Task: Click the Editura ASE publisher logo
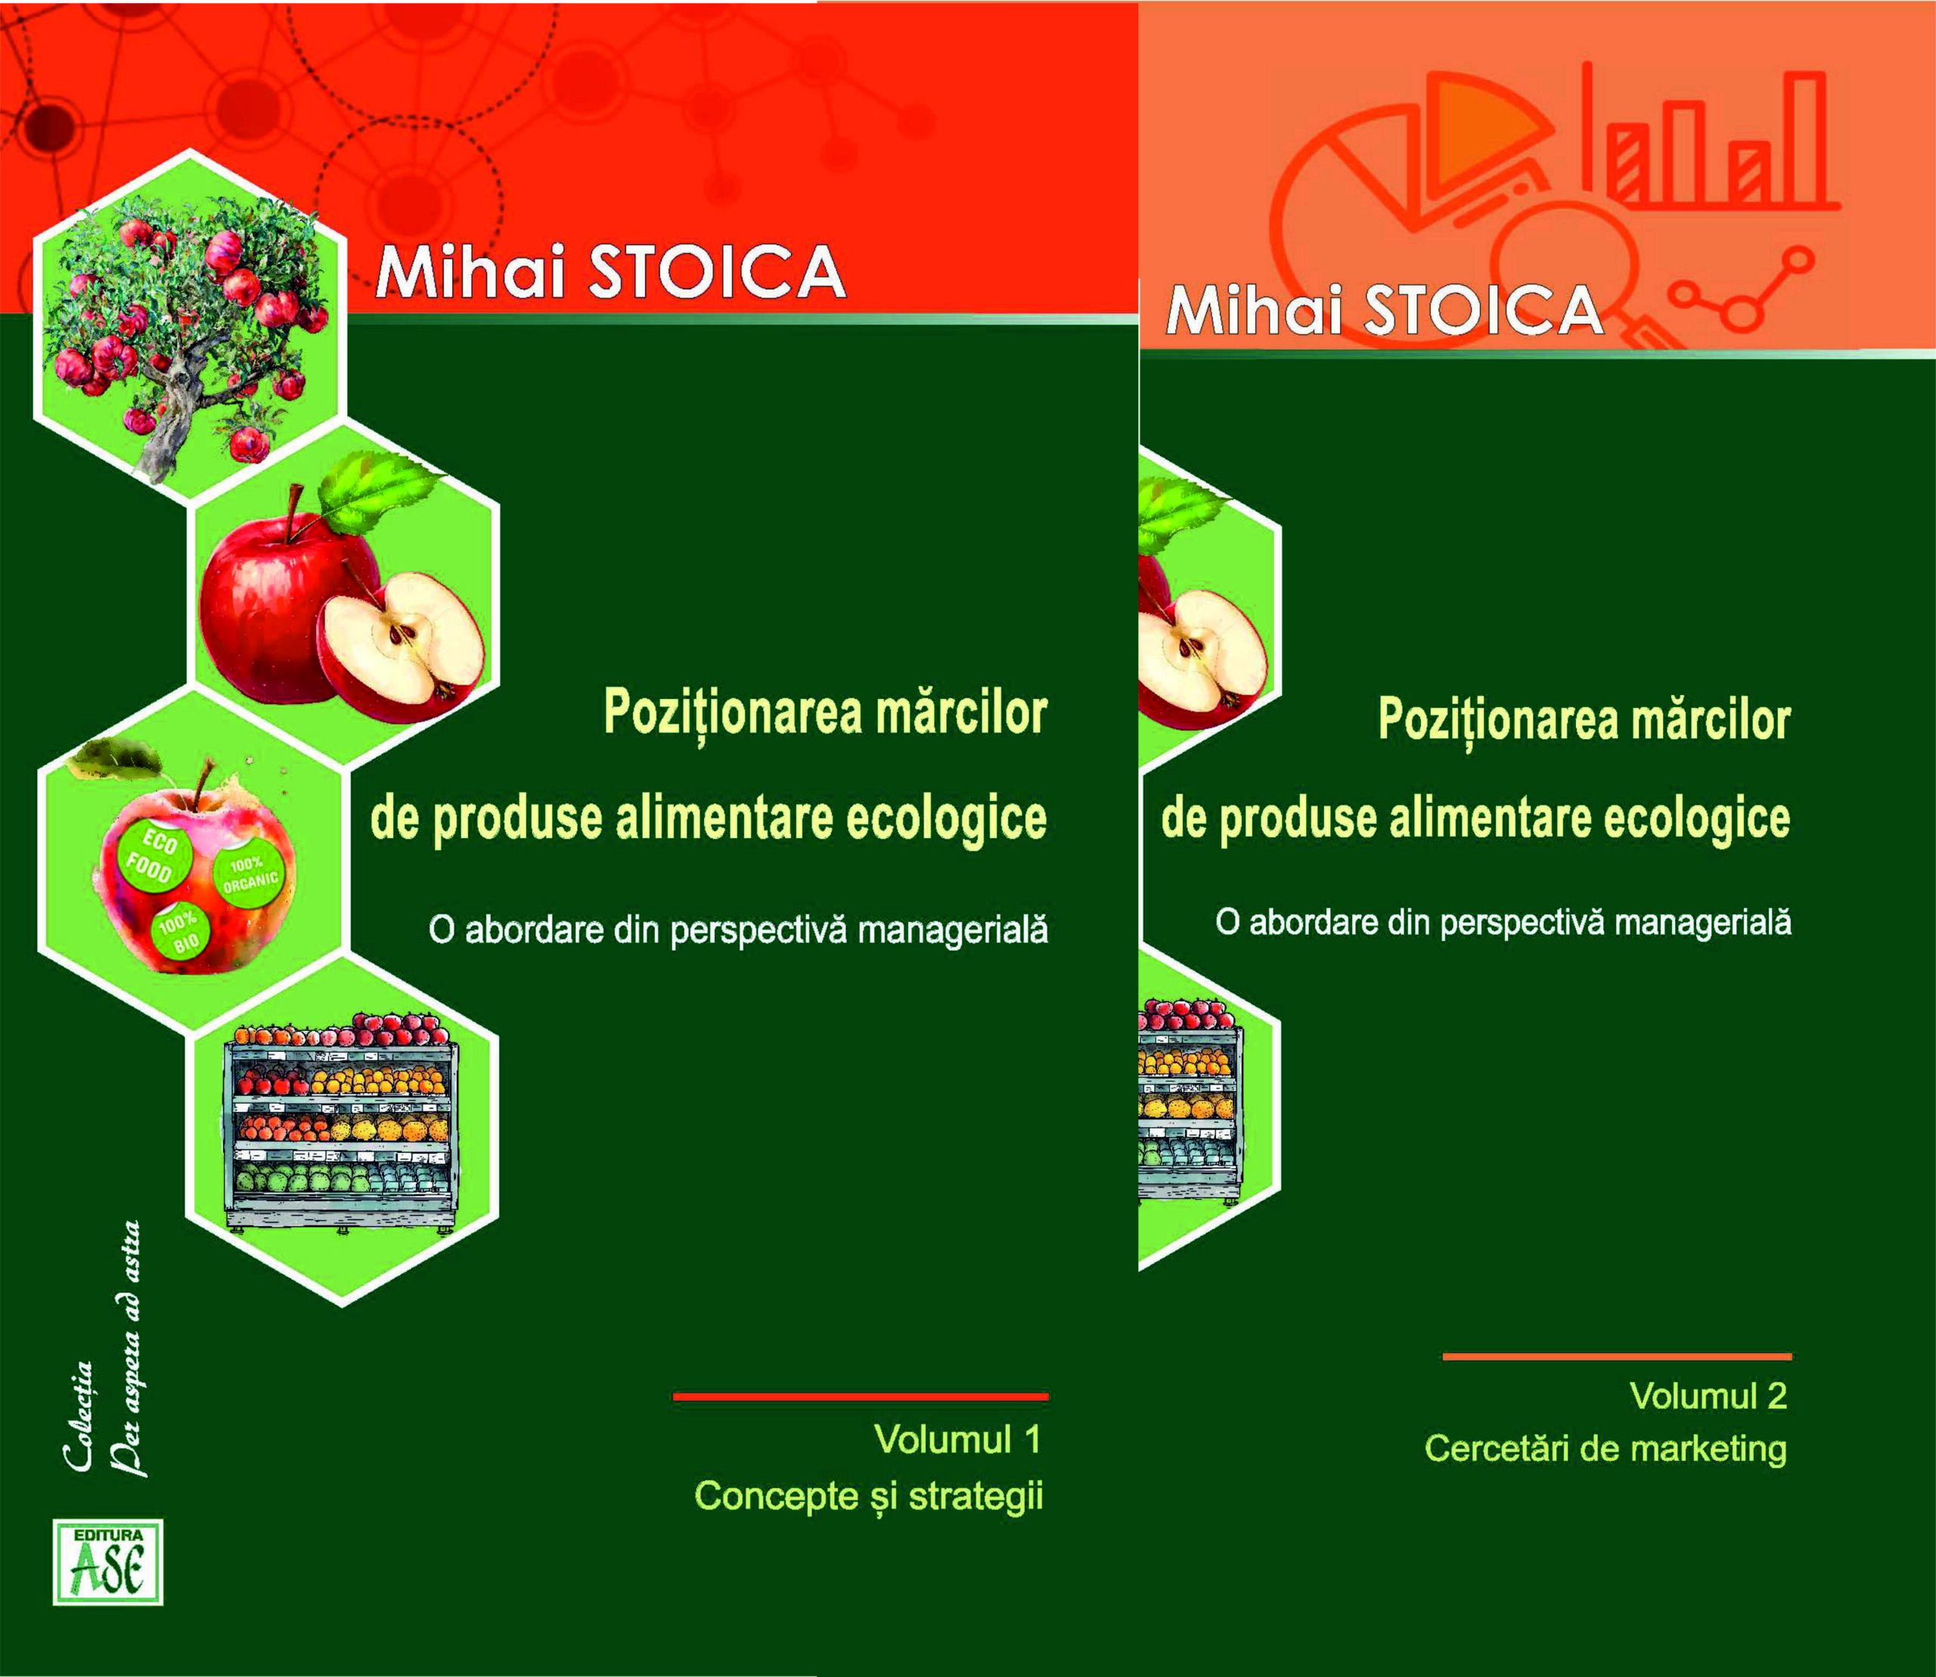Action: pyautogui.click(x=107, y=1562)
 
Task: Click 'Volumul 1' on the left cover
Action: pyautogui.click(x=957, y=1439)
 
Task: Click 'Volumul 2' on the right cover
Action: pyautogui.click(x=1708, y=1396)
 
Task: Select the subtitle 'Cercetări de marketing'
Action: pyautogui.click(x=1605, y=1449)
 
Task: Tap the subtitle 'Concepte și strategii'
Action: pyautogui.click(x=868, y=1495)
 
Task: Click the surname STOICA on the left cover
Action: pyautogui.click(x=716, y=272)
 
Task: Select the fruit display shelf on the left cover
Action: pyautogui.click(x=343, y=1123)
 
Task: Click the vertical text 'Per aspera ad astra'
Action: pyautogui.click(x=129, y=1348)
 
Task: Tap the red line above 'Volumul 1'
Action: pyautogui.click(x=860, y=1396)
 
